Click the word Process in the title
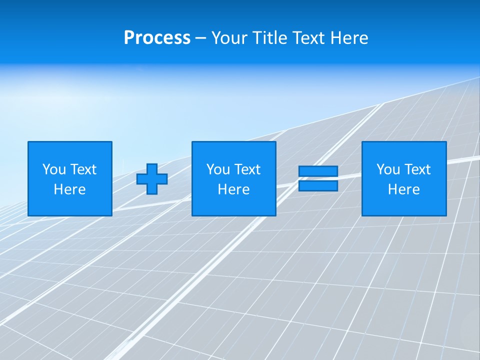(157, 38)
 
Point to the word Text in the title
(308, 38)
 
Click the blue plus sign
(152, 179)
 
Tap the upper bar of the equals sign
(318, 171)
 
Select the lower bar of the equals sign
(318, 186)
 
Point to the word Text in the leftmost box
(83, 169)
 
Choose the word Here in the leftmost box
(69, 189)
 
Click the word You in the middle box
(218, 169)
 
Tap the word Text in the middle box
(247, 169)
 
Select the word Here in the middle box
(233, 189)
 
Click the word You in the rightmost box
(388, 169)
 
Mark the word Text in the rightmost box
(417, 169)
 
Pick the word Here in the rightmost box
(403, 189)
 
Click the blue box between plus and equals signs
(233, 205)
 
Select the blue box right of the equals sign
(403, 205)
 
